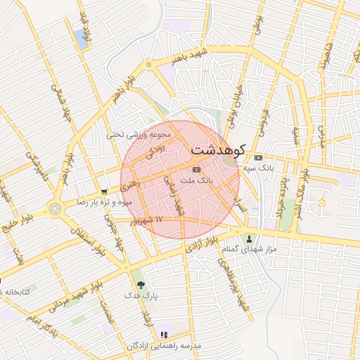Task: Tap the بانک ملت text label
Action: [196, 181]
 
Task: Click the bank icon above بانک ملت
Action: [195, 169]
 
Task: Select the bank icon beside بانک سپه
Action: [258, 157]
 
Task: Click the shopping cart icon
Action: [104, 191]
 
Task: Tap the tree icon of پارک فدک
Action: [141, 285]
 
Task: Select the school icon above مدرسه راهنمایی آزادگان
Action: [164, 335]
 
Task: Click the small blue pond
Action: [82, 38]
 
